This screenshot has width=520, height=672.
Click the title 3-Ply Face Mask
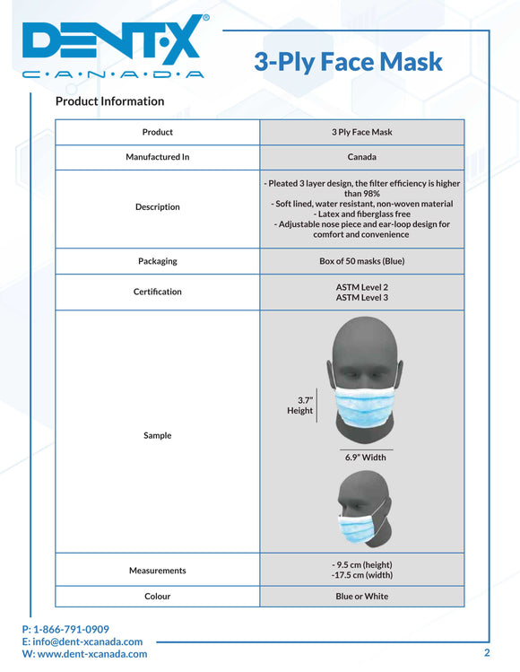pyautogui.click(x=348, y=61)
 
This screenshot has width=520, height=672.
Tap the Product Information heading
pyautogui.click(x=109, y=101)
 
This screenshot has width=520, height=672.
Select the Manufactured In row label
pyautogui.click(x=158, y=157)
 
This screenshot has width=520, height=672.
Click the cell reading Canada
pyautogui.click(x=361, y=157)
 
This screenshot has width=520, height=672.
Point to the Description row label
pyautogui.click(x=158, y=207)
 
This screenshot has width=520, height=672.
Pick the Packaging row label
pyautogui.click(x=158, y=261)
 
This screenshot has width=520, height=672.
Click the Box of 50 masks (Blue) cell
pyautogui.click(x=361, y=261)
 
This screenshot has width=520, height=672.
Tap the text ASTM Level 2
pyautogui.click(x=361, y=286)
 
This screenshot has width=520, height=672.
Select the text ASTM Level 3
pyautogui.click(x=361, y=297)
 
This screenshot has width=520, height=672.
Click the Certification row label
pyautogui.click(x=158, y=292)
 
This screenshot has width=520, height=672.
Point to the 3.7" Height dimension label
pyautogui.click(x=300, y=406)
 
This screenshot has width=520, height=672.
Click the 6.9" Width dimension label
pyautogui.click(x=366, y=458)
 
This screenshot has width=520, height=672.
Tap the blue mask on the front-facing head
pyautogui.click(x=364, y=411)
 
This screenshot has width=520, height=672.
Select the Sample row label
pyautogui.click(x=158, y=435)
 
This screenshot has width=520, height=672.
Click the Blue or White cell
pyautogui.click(x=361, y=596)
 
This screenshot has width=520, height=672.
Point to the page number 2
pyautogui.click(x=487, y=652)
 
